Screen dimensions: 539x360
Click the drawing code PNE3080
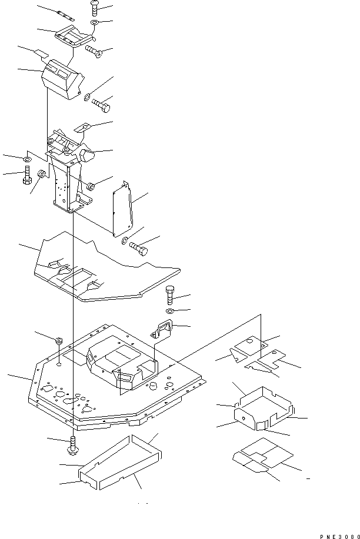point(338,535)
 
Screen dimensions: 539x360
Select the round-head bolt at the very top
point(94,8)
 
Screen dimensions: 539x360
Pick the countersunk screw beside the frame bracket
point(95,51)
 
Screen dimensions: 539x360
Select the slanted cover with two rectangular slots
point(61,78)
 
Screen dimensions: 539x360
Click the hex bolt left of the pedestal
point(27,176)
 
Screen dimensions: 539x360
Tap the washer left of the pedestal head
point(28,159)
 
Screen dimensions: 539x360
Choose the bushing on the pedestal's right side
point(91,187)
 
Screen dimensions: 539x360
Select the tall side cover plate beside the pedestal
point(122,210)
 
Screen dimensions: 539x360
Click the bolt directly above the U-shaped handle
point(171,292)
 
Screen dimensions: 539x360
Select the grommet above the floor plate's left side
point(59,340)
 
